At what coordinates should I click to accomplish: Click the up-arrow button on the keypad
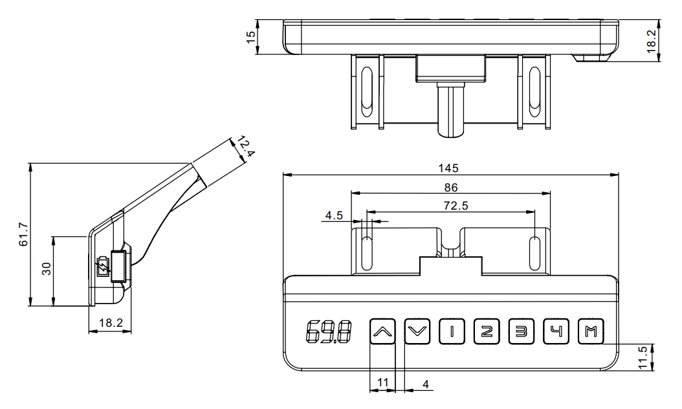(x=382, y=333)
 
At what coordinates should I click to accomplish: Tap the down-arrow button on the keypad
(x=417, y=333)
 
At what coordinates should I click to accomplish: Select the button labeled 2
(x=487, y=333)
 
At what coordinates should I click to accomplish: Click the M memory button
(x=590, y=333)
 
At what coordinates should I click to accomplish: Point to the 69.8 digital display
(x=328, y=333)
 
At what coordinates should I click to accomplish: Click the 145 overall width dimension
(x=448, y=168)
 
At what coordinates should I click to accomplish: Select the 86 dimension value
(x=452, y=187)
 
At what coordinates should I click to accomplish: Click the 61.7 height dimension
(x=23, y=234)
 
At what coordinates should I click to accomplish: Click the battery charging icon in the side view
(x=102, y=267)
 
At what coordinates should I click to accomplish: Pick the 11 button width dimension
(x=382, y=383)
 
